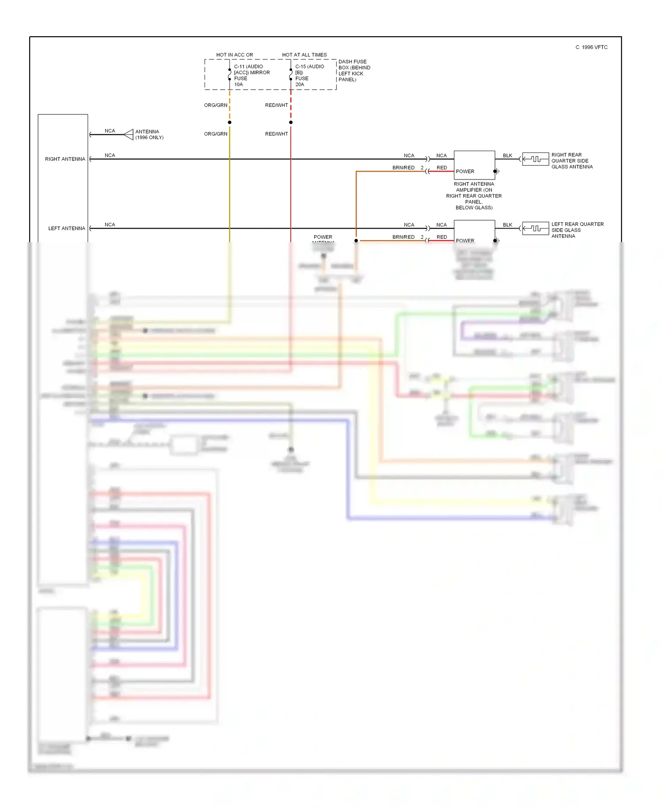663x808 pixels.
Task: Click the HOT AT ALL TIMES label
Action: point(304,55)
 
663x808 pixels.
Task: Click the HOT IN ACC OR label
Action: point(234,55)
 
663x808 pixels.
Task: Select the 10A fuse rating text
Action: point(238,84)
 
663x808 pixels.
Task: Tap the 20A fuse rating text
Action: point(299,84)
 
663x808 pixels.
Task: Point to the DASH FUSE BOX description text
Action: point(354,71)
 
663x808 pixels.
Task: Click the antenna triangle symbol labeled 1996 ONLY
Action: point(129,134)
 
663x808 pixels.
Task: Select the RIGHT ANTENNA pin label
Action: point(65,159)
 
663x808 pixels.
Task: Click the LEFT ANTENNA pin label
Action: point(66,229)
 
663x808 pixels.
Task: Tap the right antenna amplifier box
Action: point(474,164)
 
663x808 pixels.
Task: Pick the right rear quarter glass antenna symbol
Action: point(535,159)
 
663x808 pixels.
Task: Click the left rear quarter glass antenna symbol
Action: point(535,229)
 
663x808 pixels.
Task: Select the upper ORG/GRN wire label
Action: point(215,105)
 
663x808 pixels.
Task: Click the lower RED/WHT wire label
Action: point(276,134)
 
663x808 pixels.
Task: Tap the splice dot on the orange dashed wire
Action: point(229,122)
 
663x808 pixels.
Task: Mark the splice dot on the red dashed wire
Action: point(291,122)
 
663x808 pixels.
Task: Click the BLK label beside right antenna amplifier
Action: point(507,156)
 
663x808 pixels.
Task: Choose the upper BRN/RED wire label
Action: point(403,168)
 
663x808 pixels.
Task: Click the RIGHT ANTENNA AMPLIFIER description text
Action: point(474,196)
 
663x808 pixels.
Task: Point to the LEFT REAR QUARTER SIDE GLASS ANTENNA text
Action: point(577,230)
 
